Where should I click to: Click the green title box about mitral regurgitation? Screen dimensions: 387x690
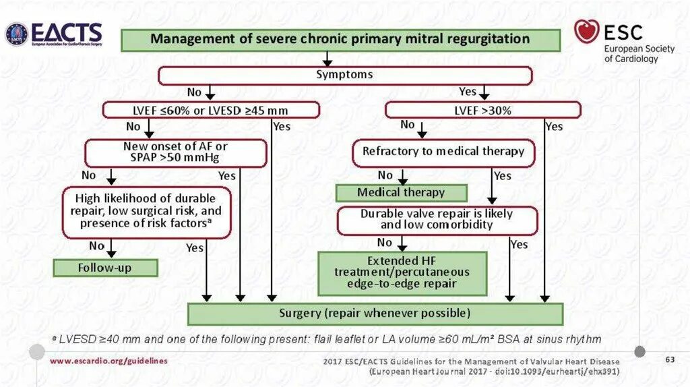tap(340, 39)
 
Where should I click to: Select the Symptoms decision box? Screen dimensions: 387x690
tap(344, 75)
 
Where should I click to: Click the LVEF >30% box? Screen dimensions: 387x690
tap(482, 110)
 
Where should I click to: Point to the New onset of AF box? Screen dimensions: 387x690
tap(175, 152)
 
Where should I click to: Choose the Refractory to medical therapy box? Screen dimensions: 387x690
tap(443, 152)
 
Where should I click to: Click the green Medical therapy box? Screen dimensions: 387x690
tap(401, 193)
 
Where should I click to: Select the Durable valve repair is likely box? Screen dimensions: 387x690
tap(437, 220)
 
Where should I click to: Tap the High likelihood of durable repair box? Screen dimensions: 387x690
tap(146, 211)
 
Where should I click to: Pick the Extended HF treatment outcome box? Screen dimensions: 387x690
tap(402, 273)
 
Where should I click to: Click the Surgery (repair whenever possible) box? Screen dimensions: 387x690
tap(375, 314)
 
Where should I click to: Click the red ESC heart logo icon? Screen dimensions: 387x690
tap(586, 31)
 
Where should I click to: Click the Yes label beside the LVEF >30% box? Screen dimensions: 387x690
tap(553, 126)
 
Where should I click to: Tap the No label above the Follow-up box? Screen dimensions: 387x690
tap(97, 247)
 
